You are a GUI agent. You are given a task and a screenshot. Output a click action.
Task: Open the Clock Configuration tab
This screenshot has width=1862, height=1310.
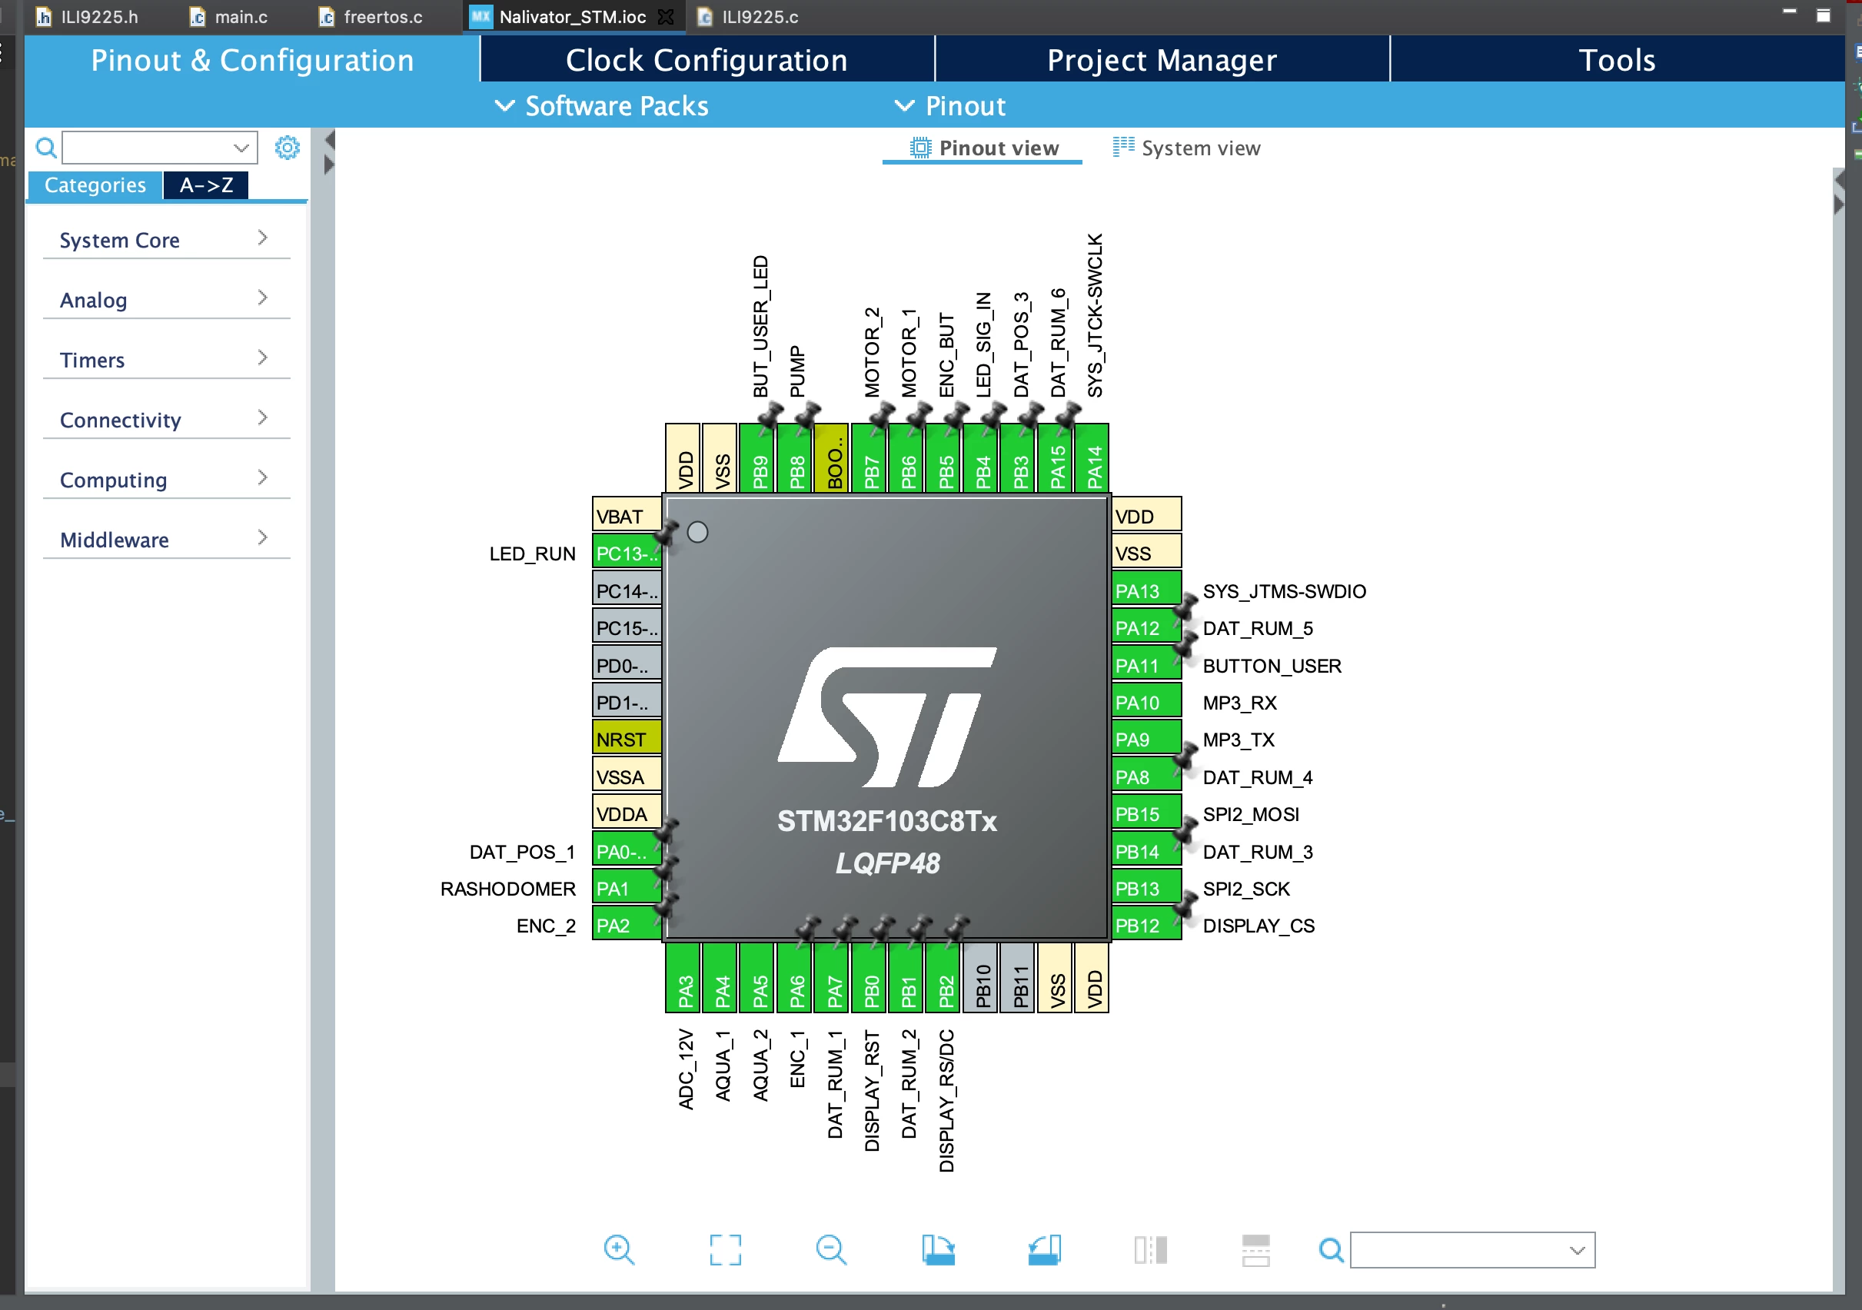tap(707, 60)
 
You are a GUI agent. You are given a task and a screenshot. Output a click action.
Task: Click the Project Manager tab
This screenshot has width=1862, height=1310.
tap(1162, 60)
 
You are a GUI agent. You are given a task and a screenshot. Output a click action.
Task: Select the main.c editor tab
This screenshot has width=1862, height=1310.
tap(230, 17)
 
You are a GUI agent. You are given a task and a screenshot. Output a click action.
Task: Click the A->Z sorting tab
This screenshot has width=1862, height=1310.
tap(206, 185)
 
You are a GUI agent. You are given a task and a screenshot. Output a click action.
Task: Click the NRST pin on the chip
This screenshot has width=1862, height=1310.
tap(627, 739)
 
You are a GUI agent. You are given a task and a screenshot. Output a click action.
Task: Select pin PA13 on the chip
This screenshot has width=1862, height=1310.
tap(1147, 590)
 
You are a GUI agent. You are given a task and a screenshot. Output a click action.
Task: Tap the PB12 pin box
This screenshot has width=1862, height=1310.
tap(1147, 925)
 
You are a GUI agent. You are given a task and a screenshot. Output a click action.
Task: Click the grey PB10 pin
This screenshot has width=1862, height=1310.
tap(982, 977)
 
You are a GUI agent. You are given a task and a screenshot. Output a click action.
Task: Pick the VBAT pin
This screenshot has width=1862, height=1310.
tap(627, 516)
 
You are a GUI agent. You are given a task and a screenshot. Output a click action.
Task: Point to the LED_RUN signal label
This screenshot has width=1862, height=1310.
tap(532, 554)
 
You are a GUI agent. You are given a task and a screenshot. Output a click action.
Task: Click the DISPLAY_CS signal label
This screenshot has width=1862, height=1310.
tap(1259, 926)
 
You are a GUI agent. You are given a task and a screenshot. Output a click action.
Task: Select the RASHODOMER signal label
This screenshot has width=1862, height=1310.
tap(507, 888)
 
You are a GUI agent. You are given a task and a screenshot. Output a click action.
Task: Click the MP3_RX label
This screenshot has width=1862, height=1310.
tap(1240, 703)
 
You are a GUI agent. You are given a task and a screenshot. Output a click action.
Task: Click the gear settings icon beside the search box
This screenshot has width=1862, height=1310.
tap(287, 148)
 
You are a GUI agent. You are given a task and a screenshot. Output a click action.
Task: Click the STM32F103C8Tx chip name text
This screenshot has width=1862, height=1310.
tap(887, 821)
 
